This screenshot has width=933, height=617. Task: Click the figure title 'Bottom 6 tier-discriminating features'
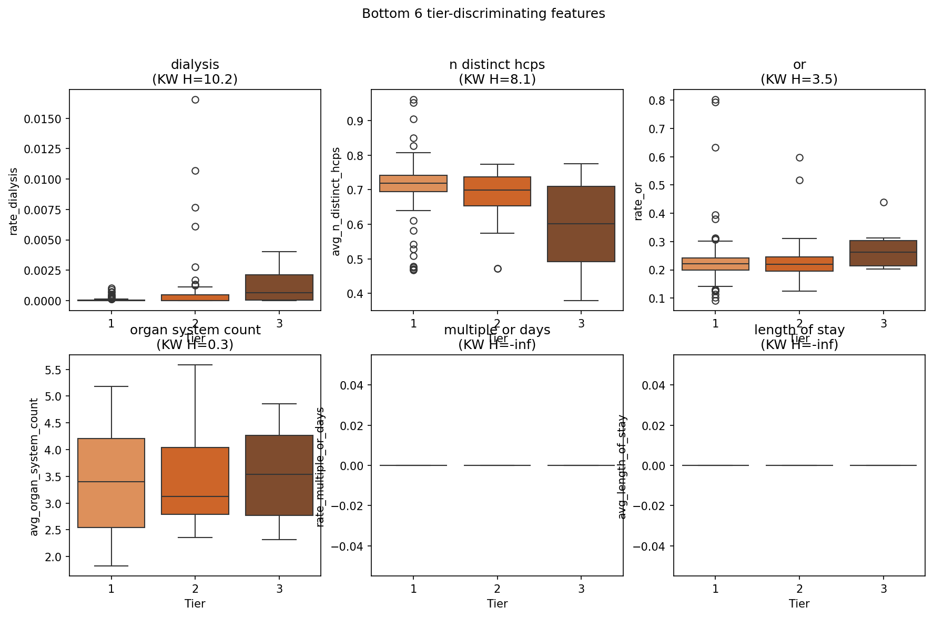pyautogui.click(x=483, y=14)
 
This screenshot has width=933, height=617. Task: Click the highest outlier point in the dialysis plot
pyautogui.click(x=195, y=99)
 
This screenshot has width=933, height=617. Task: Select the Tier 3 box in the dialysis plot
pyautogui.click(x=279, y=287)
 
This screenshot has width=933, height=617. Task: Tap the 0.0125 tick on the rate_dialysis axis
pyautogui.click(x=43, y=149)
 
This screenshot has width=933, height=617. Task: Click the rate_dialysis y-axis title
pyautogui.click(x=14, y=202)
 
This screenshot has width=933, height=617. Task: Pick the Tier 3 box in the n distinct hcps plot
pyautogui.click(x=581, y=224)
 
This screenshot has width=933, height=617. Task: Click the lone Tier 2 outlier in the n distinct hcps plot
pyautogui.click(x=498, y=268)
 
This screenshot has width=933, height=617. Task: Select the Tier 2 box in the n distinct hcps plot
pyautogui.click(x=498, y=191)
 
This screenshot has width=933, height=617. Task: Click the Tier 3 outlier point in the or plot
pyautogui.click(x=884, y=202)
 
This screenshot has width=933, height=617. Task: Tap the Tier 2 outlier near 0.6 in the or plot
pyautogui.click(x=799, y=157)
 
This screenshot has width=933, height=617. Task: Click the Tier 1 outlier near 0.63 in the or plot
pyautogui.click(x=715, y=147)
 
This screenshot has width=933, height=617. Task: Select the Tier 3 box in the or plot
pyautogui.click(x=884, y=253)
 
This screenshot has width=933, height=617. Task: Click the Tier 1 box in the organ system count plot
pyautogui.click(x=111, y=483)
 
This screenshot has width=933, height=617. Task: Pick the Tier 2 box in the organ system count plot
pyautogui.click(x=195, y=481)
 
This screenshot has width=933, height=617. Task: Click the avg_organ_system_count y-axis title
pyautogui.click(x=34, y=467)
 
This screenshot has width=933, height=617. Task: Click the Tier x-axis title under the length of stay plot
pyautogui.click(x=799, y=603)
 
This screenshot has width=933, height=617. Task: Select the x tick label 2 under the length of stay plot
pyautogui.click(x=799, y=589)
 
